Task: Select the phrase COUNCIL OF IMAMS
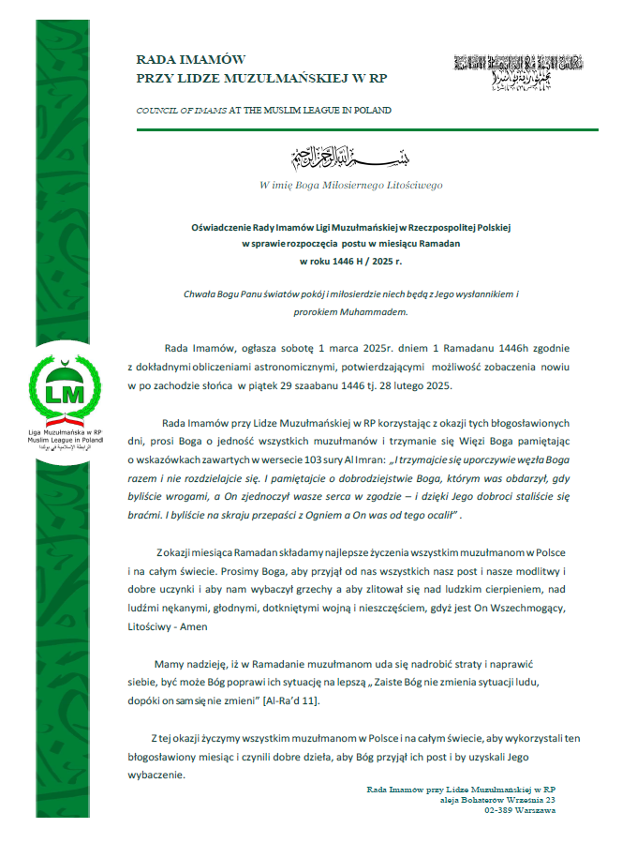point(181,111)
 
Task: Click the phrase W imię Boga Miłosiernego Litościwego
point(350,185)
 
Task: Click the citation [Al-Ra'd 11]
point(308,700)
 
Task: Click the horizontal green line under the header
point(365,129)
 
